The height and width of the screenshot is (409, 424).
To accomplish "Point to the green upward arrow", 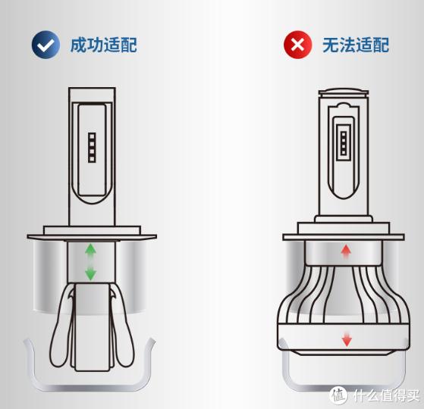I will (90, 249).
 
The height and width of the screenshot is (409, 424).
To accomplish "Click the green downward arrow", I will (90, 273).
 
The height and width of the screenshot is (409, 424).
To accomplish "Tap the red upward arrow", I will (347, 251).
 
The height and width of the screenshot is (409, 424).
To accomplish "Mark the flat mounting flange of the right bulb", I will (346, 237).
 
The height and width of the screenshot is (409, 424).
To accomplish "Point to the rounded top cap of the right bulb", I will (346, 96).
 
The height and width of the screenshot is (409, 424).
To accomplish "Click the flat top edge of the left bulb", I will (92, 89).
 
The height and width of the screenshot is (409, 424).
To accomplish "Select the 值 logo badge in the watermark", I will (339, 395).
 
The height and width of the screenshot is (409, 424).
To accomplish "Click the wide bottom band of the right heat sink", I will (346, 338).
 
